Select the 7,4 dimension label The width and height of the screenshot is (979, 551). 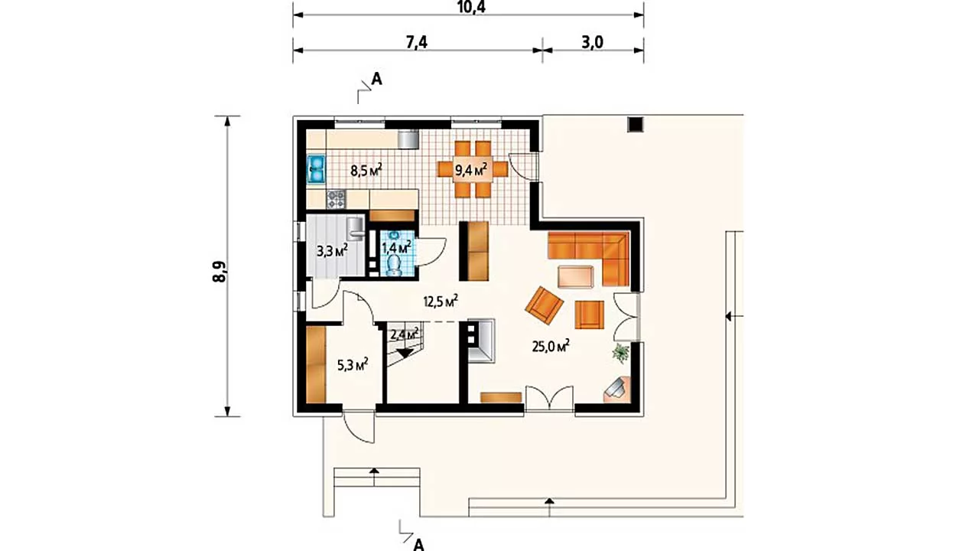coord(417,42)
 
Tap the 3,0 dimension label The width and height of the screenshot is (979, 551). coord(592,42)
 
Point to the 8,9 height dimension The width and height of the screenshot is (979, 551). coord(220,271)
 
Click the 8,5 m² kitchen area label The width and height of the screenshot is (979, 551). coord(366,170)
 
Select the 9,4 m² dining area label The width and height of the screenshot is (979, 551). coord(471,169)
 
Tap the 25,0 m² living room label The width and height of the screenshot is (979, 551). coord(550,346)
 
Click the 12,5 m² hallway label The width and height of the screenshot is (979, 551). coord(441,301)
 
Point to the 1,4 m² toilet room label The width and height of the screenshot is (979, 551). coord(396,247)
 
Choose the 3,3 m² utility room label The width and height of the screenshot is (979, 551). coord(332,250)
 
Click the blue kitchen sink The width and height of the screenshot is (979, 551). coord(316,169)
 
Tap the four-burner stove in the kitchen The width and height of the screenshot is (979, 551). coord(336,199)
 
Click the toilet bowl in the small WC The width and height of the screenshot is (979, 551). coord(395,265)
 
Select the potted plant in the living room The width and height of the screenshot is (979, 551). coord(620,353)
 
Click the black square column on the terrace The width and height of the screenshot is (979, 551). coord(636,124)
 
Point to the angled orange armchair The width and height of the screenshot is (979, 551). coord(544,305)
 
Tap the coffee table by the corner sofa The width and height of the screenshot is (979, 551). coord(576,277)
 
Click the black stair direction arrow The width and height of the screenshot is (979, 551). coord(405,354)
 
